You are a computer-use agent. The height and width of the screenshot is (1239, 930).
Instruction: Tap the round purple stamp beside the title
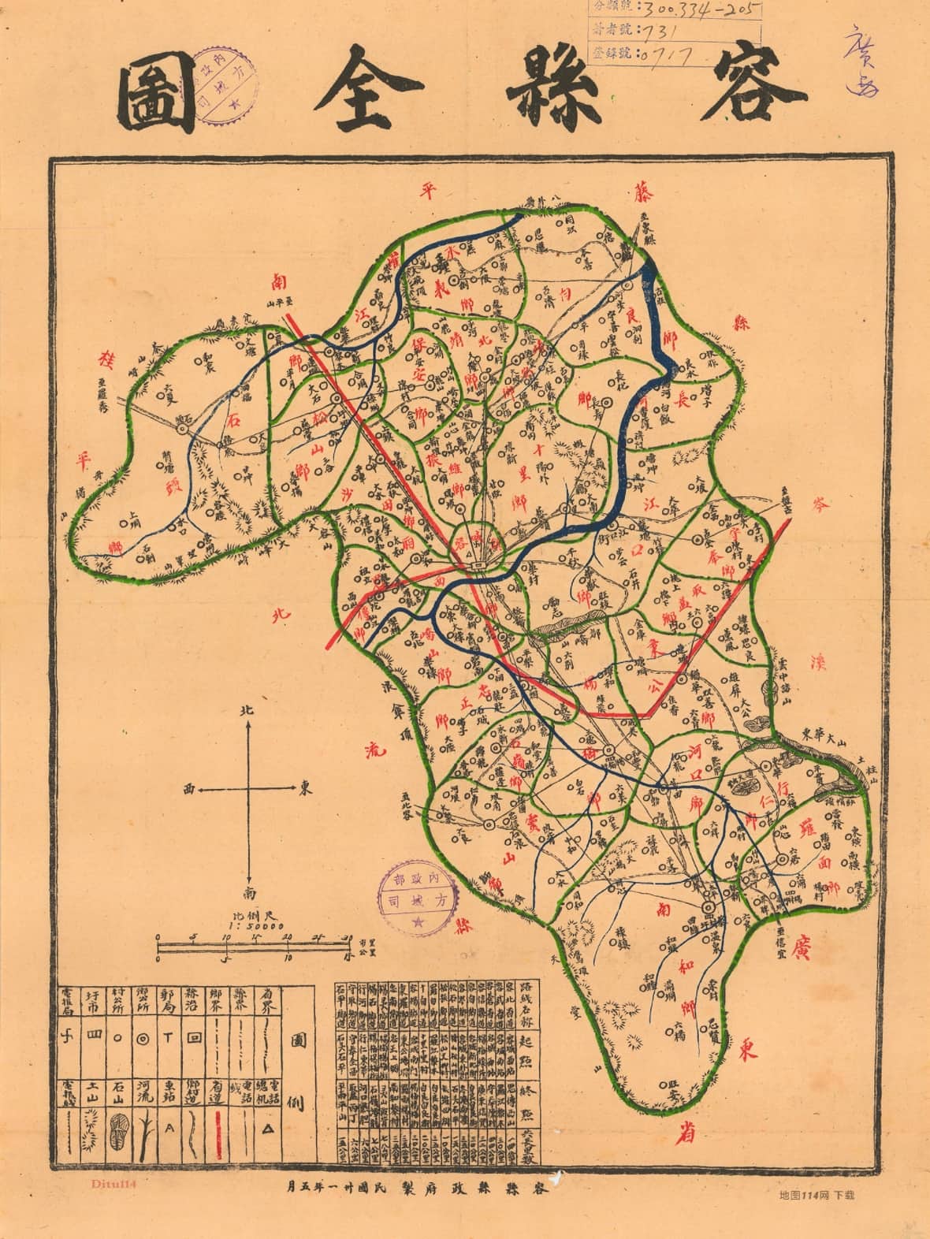[224, 81]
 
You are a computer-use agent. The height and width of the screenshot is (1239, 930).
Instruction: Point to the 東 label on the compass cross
[303, 787]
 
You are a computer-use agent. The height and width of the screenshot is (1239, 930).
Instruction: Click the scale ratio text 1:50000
[250, 926]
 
